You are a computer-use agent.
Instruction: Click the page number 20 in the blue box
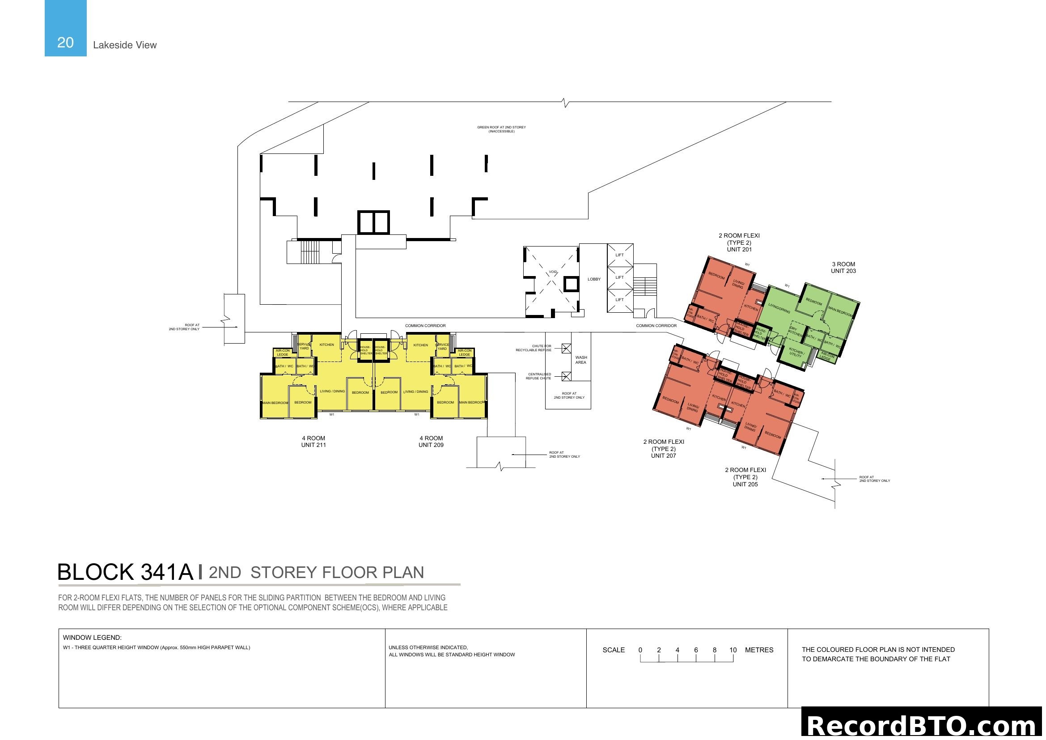65,43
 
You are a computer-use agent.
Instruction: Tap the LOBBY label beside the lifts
593,279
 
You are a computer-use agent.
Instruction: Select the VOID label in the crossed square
553,272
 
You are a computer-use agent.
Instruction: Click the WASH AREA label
581,360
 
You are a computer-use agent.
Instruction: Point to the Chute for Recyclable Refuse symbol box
566,349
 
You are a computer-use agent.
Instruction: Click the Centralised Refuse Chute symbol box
566,376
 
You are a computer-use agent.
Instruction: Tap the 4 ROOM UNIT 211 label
313,442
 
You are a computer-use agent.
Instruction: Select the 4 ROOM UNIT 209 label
431,442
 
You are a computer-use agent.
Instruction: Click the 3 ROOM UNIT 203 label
843,268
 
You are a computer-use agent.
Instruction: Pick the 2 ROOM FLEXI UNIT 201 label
739,242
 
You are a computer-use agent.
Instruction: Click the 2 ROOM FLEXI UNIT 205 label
745,477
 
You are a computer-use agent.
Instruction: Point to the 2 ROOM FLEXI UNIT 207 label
663,448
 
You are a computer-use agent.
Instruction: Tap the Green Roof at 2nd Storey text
501,129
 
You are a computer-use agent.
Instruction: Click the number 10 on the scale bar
733,650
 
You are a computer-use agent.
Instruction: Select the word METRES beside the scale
759,650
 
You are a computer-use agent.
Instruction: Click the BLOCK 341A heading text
125,572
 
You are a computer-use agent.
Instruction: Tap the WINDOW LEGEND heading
92,638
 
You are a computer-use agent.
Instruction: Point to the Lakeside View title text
124,45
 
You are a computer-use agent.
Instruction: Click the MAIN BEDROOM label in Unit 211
275,403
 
